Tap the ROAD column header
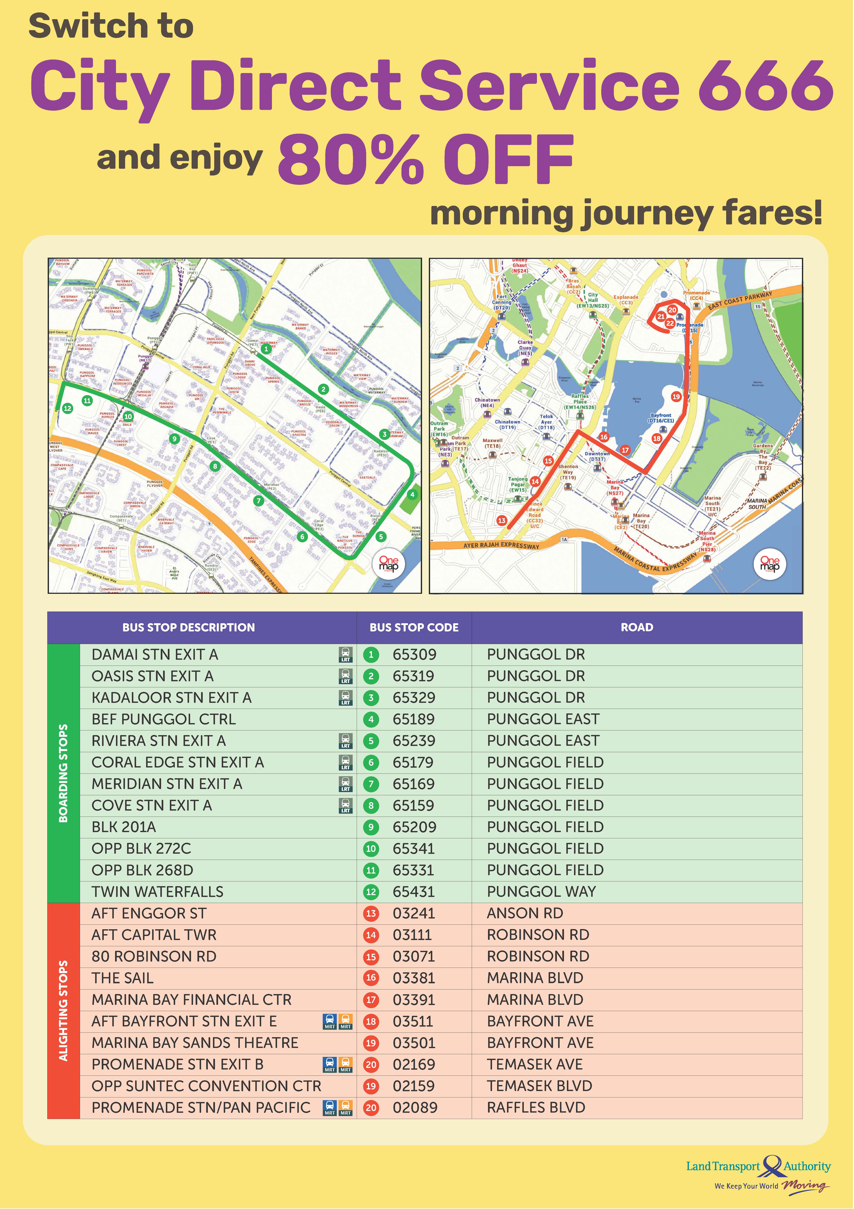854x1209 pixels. coord(636,627)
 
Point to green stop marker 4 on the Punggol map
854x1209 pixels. coord(412,494)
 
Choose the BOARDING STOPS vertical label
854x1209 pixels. coord(63,773)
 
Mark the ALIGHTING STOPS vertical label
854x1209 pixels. coord(63,1011)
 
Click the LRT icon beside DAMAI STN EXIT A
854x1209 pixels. coord(345,654)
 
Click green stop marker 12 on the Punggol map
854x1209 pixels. coord(67,408)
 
